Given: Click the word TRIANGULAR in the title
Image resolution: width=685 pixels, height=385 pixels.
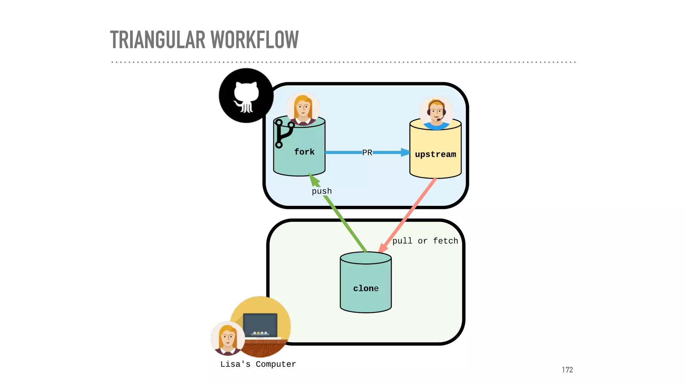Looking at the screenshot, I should coord(158,40).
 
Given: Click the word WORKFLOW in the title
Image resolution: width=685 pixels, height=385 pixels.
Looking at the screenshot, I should coord(255,40).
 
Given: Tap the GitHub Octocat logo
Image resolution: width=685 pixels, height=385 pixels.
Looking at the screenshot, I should coord(246,96).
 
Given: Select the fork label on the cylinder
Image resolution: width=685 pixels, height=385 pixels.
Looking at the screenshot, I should coord(304,152).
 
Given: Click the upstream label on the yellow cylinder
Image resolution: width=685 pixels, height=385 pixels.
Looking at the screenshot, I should coord(435,154).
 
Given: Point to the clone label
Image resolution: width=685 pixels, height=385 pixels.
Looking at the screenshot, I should coord(366,288).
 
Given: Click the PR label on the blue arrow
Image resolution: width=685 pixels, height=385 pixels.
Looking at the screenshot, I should coord(367,153).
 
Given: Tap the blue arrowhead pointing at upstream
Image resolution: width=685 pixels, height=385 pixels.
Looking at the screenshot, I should coord(405,152).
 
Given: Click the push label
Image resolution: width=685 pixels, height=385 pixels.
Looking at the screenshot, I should coord(322,191).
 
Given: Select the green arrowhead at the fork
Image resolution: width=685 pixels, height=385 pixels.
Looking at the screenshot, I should coord(314,179).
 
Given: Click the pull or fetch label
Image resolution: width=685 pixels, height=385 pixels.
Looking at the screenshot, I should coord(425,241).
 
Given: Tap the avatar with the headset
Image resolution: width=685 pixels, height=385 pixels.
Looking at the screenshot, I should coord(436,113).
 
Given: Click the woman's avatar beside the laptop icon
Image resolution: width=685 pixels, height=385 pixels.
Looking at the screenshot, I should coord(228,338).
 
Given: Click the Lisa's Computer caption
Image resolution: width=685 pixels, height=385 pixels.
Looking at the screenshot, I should coord(258,364).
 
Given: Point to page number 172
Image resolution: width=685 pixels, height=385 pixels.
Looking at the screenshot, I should coord(567,370).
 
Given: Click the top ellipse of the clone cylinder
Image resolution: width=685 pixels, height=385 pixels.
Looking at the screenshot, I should coord(366,258).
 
